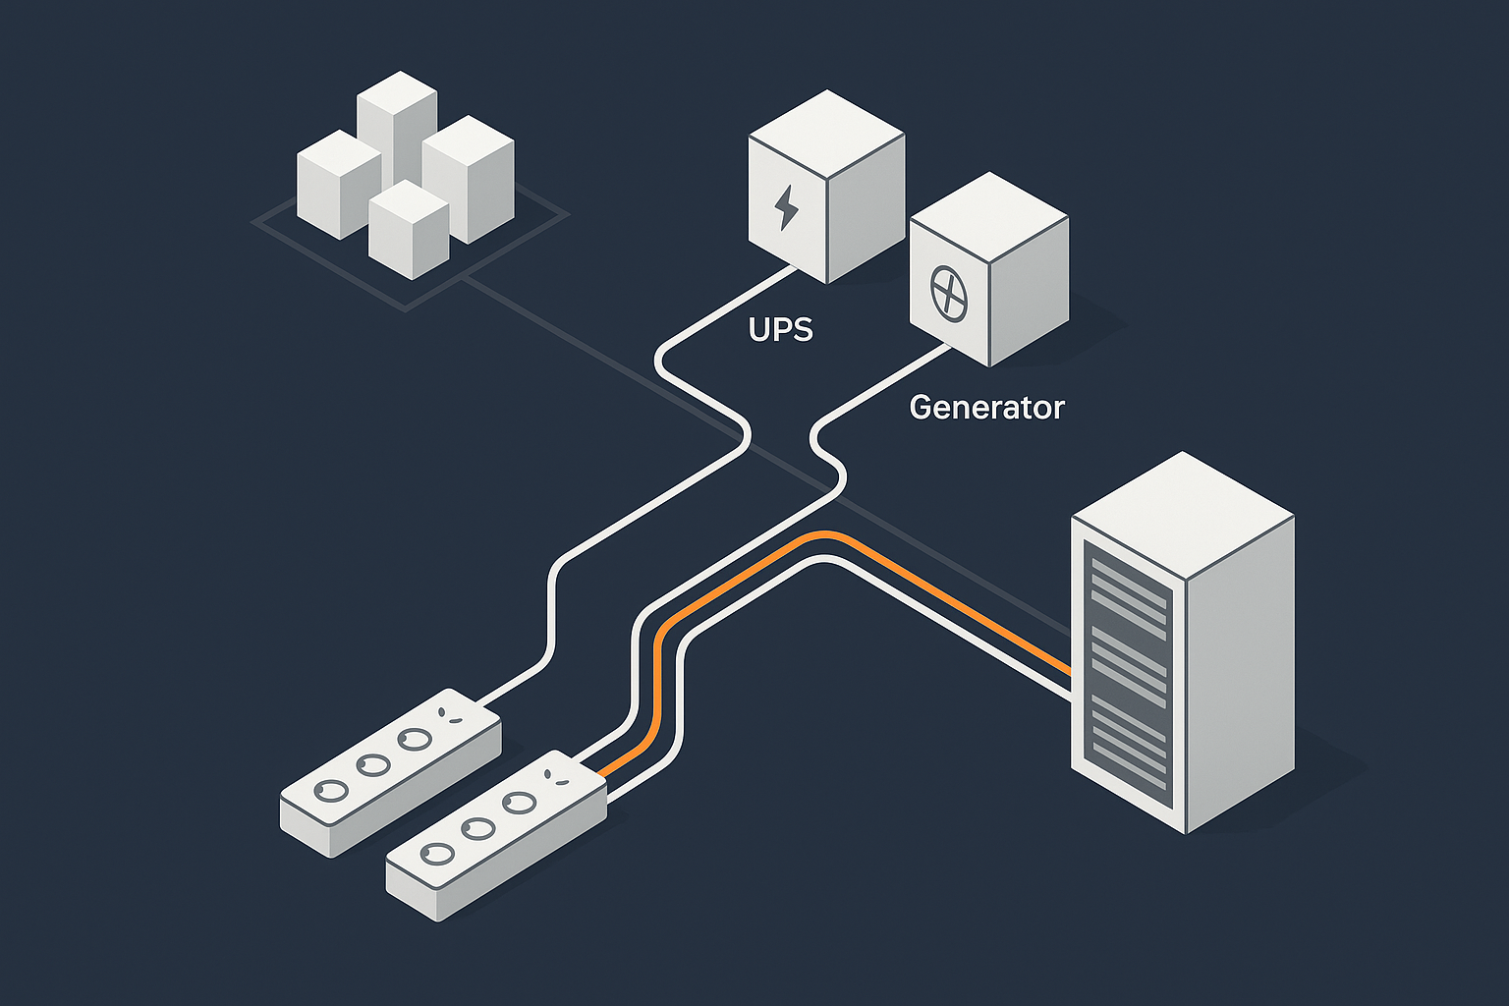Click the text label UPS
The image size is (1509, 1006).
click(x=781, y=329)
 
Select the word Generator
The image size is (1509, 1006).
click(x=986, y=407)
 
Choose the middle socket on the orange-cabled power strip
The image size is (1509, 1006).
click(x=477, y=828)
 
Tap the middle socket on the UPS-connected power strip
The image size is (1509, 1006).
click(x=372, y=763)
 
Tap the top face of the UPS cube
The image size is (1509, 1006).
click(x=826, y=138)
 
